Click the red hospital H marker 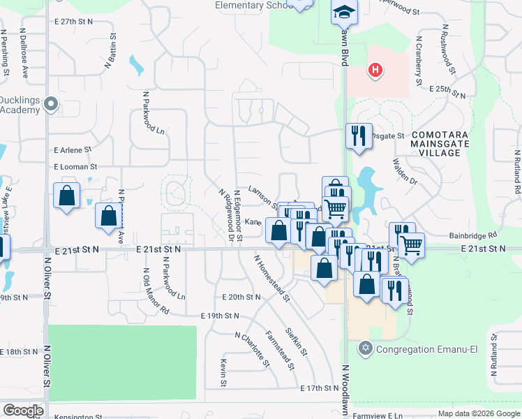pyautogui.click(x=375, y=71)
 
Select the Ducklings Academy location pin pyautogui.click(x=50, y=105)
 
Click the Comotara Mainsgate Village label pyautogui.click(x=440, y=138)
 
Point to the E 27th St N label pyautogui.click(x=75, y=22)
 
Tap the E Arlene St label pyautogui.click(x=73, y=150)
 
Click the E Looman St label pyautogui.click(x=75, y=168)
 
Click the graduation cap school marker pyautogui.click(x=343, y=13)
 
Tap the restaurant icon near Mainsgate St pyautogui.click(x=358, y=135)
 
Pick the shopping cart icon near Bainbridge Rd pyautogui.click(x=411, y=245)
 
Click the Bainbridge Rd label pyautogui.click(x=472, y=236)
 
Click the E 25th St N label pyautogui.click(x=447, y=91)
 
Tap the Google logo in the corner pyautogui.click(x=22, y=411)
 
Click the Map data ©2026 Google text pyautogui.click(x=479, y=413)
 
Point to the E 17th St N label pyautogui.click(x=320, y=388)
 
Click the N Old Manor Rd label pyautogui.click(x=156, y=291)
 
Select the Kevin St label pyautogui.click(x=223, y=372)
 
